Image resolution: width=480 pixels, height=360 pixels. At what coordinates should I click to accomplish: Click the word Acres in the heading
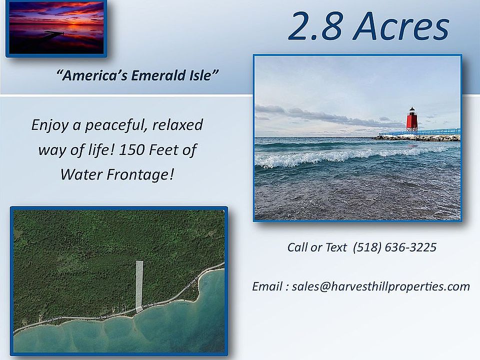[401, 26]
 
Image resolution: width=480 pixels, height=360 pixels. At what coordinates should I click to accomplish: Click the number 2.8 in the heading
[315, 26]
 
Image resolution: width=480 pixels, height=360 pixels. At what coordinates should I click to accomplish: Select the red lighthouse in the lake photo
[412, 120]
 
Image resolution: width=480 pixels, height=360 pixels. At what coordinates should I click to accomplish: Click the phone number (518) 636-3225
[394, 247]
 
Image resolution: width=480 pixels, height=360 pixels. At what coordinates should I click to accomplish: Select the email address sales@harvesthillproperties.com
[381, 286]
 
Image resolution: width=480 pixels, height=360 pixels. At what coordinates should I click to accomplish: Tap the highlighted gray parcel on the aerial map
[139, 286]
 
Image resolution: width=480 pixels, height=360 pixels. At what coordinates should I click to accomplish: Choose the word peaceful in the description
[116, 125]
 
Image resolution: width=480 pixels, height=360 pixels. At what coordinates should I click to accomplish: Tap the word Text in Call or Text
[336, 247]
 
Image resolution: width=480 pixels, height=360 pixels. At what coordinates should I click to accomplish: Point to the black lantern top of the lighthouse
[412, 110]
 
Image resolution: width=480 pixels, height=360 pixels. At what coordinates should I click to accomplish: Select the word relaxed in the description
[177, 125]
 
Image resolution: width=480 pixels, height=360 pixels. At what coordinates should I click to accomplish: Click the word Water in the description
[81, 175]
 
